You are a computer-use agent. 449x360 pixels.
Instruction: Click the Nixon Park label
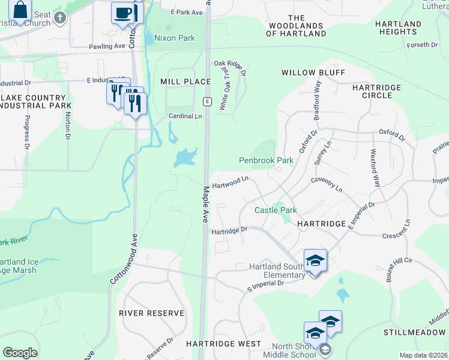(x=175, y=38)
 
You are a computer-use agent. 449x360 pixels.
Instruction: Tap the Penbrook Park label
(x=266, y=160)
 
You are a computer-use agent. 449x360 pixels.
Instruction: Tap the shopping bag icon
(x=20, y=11)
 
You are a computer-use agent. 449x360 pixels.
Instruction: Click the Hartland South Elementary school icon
(x=315, y=261)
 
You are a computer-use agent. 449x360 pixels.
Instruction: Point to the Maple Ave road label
(x=206, y=204)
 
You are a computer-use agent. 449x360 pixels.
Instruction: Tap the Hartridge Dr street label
(x=229, y=230)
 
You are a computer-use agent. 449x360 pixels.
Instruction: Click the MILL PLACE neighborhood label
(x=185, y=81)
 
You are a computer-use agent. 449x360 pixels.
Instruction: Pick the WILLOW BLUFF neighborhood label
(x=313, y=73)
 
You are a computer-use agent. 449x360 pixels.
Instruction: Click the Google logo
(x=20, y=353)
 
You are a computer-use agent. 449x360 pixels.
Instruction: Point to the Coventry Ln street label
(x=327, y=185)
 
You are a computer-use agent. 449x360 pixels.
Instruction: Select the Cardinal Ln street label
(x=185, y=116)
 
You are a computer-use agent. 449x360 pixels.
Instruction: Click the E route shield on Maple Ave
(x=206, y=101)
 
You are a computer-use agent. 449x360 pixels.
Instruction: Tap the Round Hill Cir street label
(x=399, y=269)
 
